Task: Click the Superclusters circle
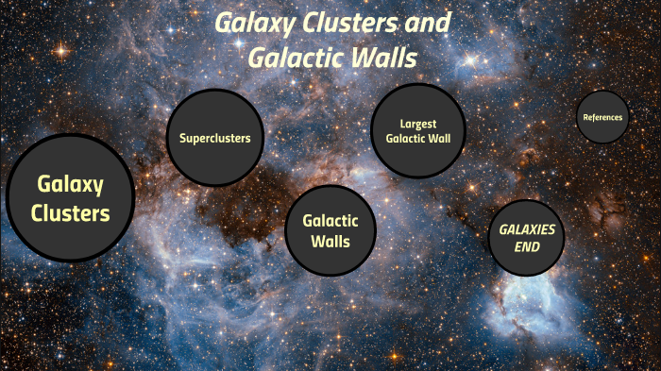point(214,138)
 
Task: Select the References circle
point(602,117)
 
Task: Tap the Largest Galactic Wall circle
point(418,131)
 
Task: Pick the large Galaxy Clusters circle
point(71,198)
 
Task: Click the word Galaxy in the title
point(247,23)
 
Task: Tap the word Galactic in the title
point(294,57)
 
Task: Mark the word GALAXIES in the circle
point(527,230)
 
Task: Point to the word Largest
point(418,124)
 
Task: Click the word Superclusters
point(214,138)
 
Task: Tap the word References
point(602,117)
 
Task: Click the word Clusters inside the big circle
point(71,213)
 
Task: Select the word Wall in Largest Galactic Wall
point(450,139)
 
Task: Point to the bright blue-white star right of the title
point(469,60)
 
